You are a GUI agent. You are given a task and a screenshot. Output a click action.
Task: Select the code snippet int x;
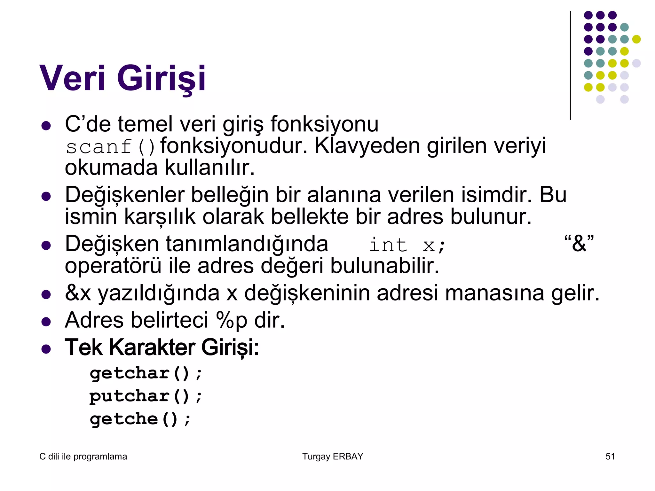[x=407, y=245]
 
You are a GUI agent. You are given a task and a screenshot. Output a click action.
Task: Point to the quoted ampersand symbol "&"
[x=579, y=244]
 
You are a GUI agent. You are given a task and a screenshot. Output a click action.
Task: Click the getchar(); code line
[x=146, y=373]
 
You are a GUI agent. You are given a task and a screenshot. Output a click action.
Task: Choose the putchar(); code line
[x=146, y=396]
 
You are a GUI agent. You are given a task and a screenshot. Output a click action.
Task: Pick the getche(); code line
[x=140, y=419]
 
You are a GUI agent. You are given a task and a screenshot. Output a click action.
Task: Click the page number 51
[x=610, y=456]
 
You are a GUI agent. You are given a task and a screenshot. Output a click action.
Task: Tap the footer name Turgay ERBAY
[x=333, y=456]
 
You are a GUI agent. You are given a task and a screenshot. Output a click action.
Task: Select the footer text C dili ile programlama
[x=83, y=456]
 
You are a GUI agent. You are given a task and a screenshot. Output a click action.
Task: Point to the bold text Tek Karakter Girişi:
[x=162, y=347]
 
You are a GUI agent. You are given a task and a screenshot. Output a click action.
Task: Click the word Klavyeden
[x=367, y=146]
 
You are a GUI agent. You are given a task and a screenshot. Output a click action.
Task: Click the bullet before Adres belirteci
[x=46, y=321]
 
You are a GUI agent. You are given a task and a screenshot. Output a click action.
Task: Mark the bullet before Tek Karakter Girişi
[x=46, y=349]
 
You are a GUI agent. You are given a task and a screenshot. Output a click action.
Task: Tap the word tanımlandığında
[x=247, y=244]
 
